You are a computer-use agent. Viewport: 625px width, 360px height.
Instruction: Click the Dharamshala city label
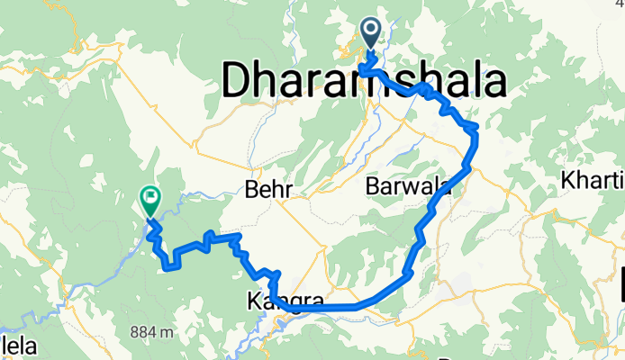[x=361, y=83]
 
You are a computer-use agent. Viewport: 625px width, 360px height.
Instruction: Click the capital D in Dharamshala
[x=237, y=83]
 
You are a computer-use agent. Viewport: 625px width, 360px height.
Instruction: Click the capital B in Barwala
[x=374, y=186]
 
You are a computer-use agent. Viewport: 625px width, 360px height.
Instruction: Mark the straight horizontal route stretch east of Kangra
[x=324, y=308]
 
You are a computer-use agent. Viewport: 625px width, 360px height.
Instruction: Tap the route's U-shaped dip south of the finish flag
[x=168, y=264]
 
